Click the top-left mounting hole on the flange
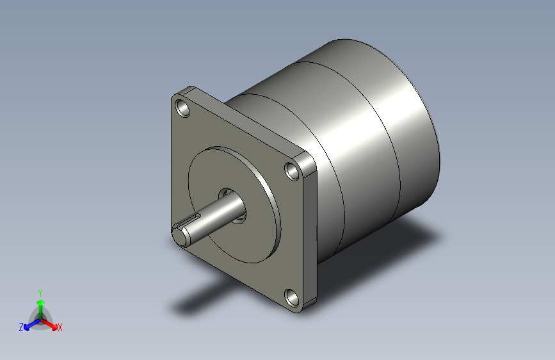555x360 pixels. pos(183,108)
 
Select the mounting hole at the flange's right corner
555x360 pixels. pos(293,171)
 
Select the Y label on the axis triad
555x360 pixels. pos(40,291)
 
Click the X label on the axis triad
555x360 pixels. pos(60,327)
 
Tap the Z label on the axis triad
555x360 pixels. pos(21,327)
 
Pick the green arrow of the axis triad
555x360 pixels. pos(40,304)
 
